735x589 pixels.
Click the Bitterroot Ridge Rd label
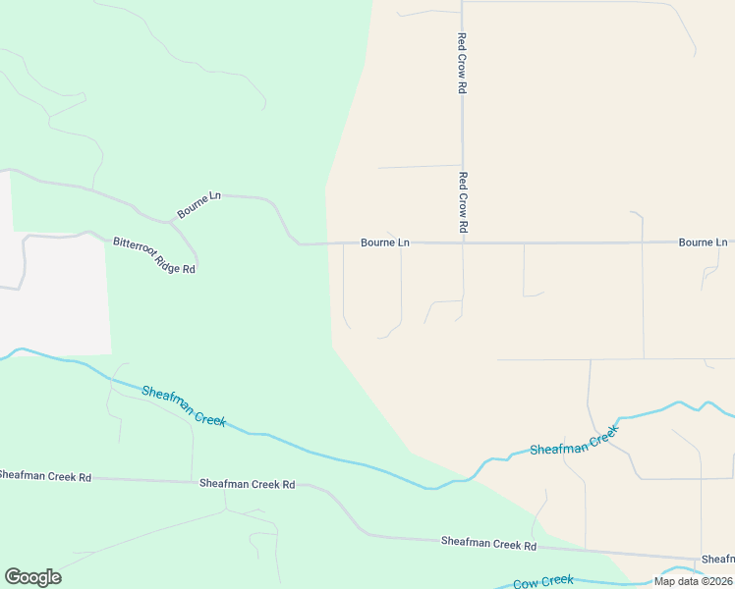pos(154,255)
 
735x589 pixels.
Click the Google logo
pos(32,577)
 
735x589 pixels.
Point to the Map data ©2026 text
pos(692,581)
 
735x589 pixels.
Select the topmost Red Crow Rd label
pos(462,63)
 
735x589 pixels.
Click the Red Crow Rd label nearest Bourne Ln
pos(463,202)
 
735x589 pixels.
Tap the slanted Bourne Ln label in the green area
pos(198,204)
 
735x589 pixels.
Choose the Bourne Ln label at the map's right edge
pos(703,242)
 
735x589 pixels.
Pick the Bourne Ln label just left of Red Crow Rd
pos(384,242)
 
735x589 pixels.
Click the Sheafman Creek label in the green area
pos(184,405)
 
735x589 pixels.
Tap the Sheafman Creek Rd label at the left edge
pos(45,477)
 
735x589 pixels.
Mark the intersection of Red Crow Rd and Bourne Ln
pos(463,242)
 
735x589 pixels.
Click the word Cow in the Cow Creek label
pos(525,583)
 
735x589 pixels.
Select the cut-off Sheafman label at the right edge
pos(717,560)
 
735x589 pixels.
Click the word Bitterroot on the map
pos(133,246)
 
